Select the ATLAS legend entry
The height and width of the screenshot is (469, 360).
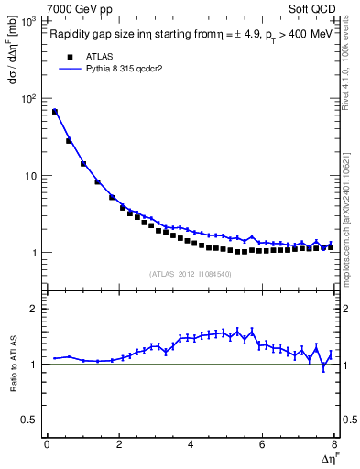94,56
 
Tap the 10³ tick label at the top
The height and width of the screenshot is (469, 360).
29,20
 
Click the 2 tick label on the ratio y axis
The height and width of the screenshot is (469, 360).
35,309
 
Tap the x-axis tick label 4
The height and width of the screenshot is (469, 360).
191,444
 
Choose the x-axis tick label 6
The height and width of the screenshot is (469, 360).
263,444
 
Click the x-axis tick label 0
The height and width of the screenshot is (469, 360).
47,444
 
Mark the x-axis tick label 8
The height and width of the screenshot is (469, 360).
334,444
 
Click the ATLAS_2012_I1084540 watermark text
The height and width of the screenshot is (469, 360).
190,274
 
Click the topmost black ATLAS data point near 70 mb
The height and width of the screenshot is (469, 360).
55,112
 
